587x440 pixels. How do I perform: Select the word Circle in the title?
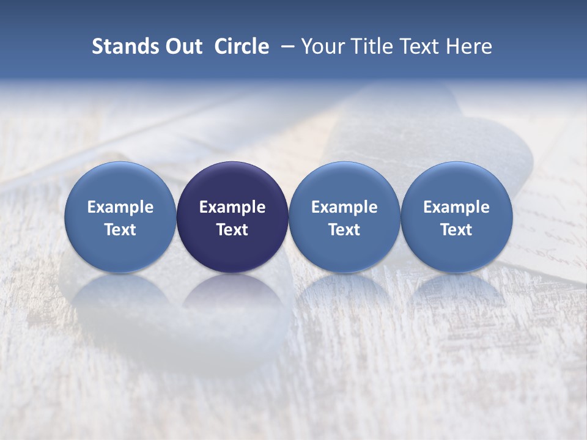tap(242, 47)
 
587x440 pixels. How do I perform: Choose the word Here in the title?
tap(468, 47)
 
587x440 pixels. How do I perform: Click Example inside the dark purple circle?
tap(232, 207)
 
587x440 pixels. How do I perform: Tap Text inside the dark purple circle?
tap(232, 230)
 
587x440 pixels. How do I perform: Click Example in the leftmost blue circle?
tap(120, 207)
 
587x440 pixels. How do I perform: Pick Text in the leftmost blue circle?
tap(120, 230)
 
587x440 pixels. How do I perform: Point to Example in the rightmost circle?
tap(456, 207)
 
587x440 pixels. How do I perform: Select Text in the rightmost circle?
tap(456, 230)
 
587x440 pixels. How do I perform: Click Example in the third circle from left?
tap(344, 207)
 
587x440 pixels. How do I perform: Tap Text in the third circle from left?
tap(344, 230)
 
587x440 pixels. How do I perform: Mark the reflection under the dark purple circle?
tap(232, 293)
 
